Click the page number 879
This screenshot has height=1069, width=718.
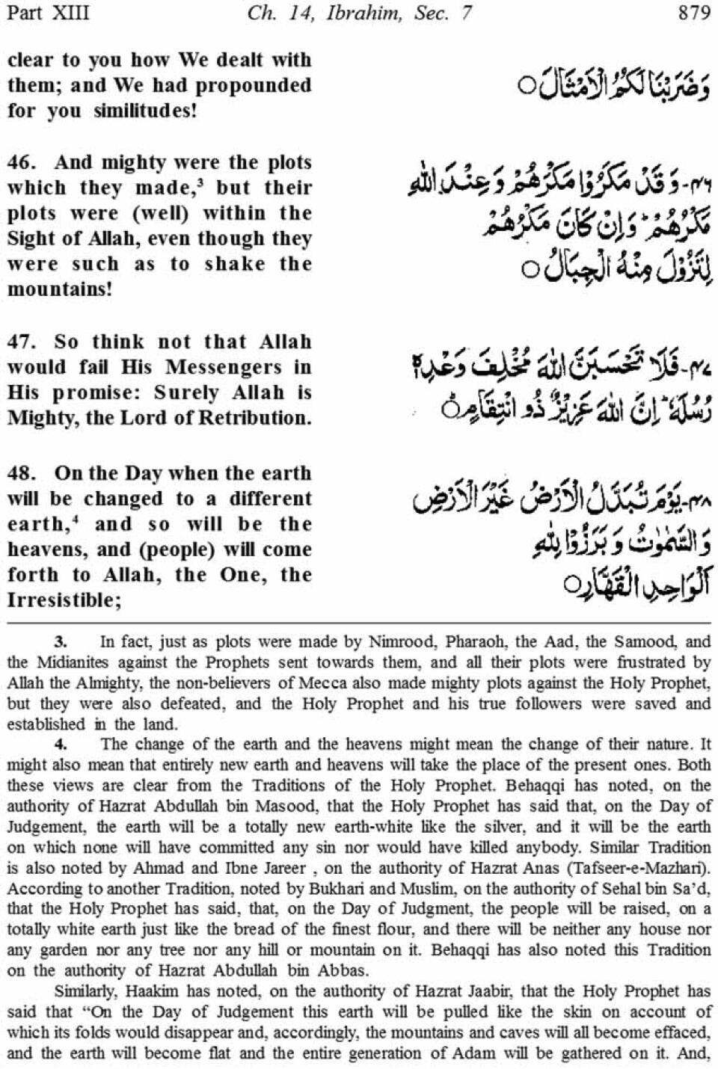tap(693, 13)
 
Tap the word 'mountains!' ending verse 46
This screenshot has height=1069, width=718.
tap(60, 289)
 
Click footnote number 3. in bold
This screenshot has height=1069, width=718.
tap(61, 641)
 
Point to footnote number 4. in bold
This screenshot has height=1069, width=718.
tap(61, 744)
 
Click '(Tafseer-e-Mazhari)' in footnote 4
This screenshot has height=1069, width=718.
tap(640, 869)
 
